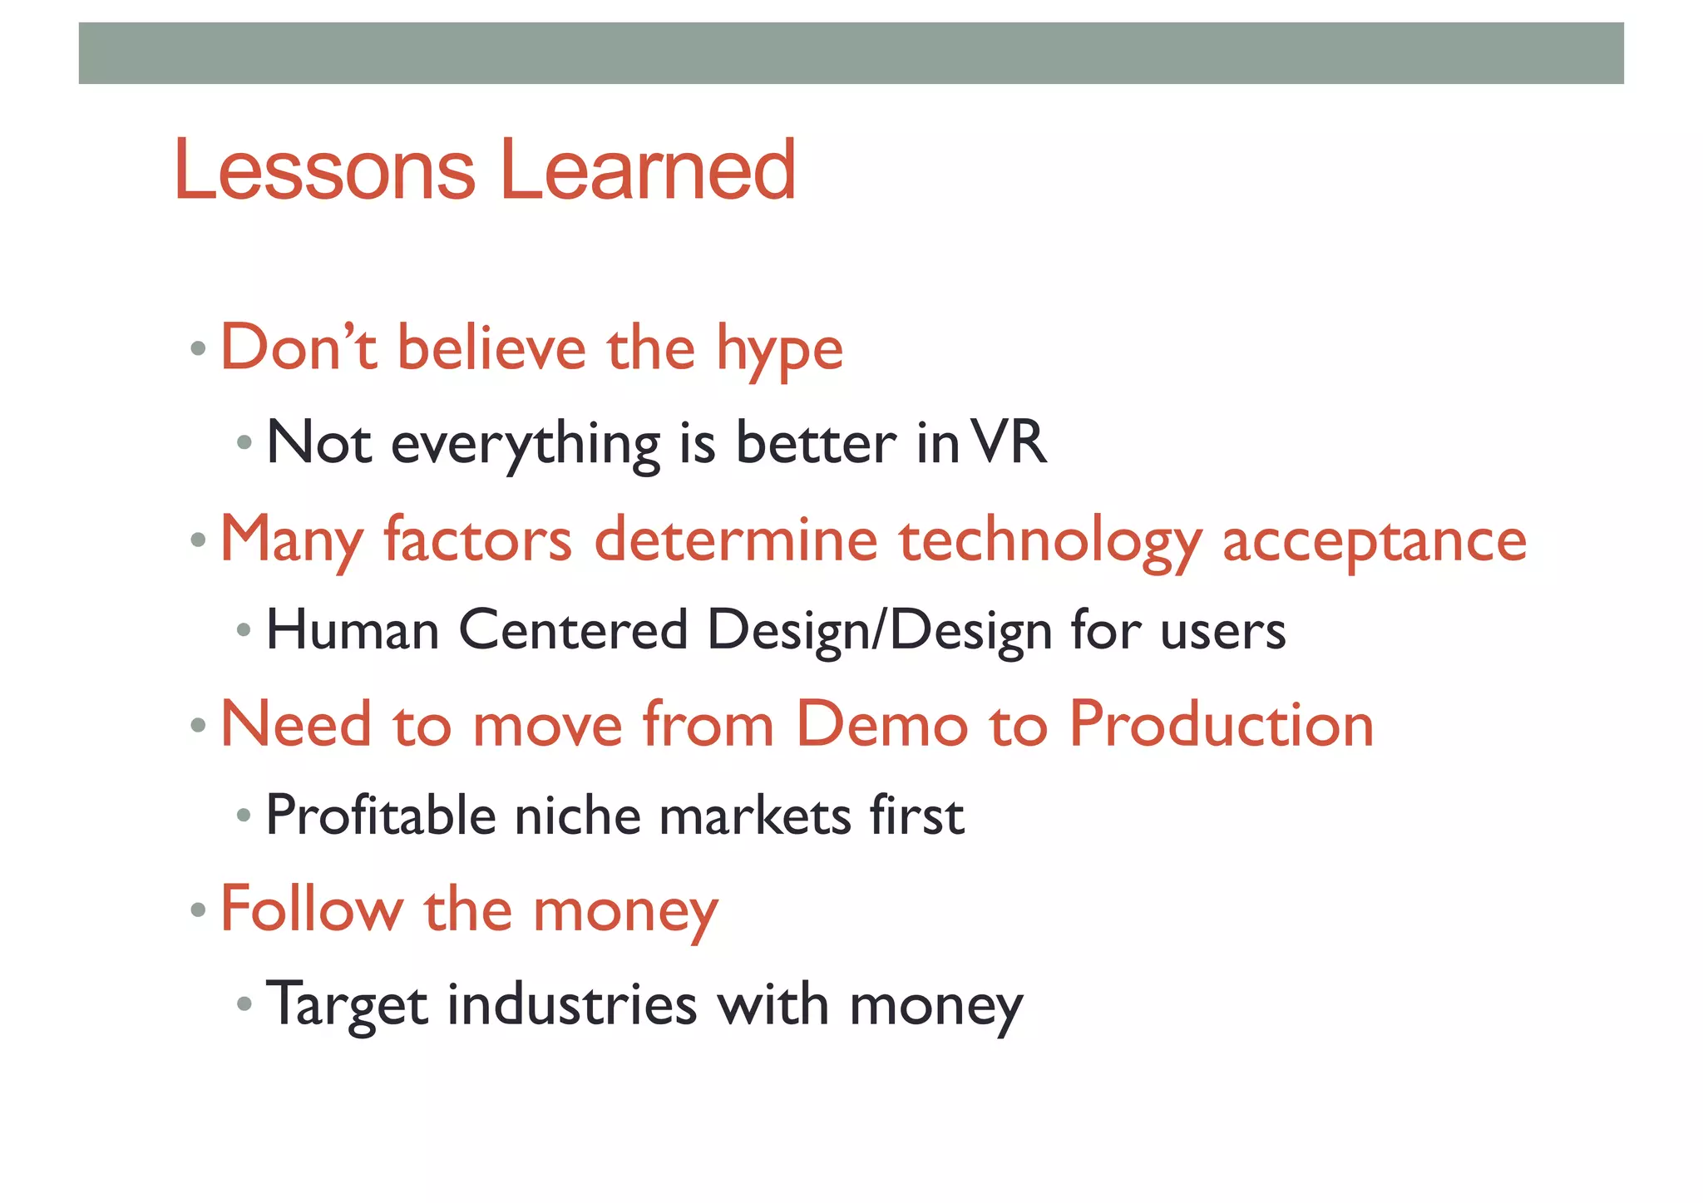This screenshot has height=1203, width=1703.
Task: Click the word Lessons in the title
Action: pyautogui.click(x=325, y=170)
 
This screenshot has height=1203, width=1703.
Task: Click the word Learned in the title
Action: pyautogui.click(x=648, y=170)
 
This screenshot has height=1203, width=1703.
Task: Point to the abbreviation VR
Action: pyautogui.click(x=1009, y=442)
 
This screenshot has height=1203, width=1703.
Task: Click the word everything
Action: pyautogui.click(x=526, y=445)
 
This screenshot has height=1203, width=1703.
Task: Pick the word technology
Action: pyautogui.click(x=1050, y=541)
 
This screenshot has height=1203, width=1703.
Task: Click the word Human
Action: pyautogui.click(x=353, y=630)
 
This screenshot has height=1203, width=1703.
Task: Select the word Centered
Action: pyautogui.click(x=573, y=630)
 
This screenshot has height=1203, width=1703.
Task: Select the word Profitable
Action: pyautogui.click(x=381, y=816)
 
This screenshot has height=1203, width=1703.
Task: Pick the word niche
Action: pyautogui.click(x=577, y=816)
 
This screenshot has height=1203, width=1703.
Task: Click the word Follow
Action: pyautogui.click(x=311, y=910)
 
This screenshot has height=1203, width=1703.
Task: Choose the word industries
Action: pyautogui.click(x=571, y=1004)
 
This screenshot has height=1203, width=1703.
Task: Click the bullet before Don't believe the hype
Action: pyautogui.click(x=198, y=348)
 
